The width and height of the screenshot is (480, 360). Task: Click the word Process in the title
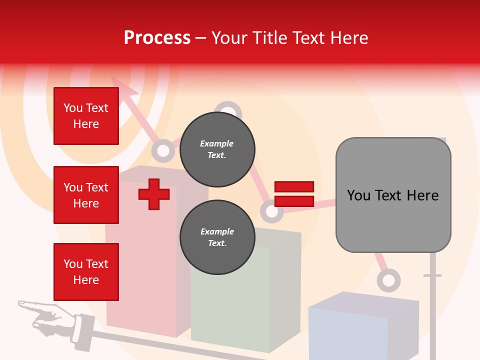click(157, 38)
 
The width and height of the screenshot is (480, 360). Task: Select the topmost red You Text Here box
click(86, 116)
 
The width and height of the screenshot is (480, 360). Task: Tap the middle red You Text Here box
click(86, 195)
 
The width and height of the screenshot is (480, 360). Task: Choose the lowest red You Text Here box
click(86, 272)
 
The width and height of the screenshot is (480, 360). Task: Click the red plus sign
click(154, 194)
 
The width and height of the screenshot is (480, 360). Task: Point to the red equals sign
click(294, 194)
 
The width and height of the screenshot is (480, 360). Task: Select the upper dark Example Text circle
click(217, 149)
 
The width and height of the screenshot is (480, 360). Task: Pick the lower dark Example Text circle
click(217, 237)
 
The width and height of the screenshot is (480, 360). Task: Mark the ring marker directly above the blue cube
click(388, 280)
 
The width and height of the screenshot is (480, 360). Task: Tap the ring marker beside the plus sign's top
click(162, 150)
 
